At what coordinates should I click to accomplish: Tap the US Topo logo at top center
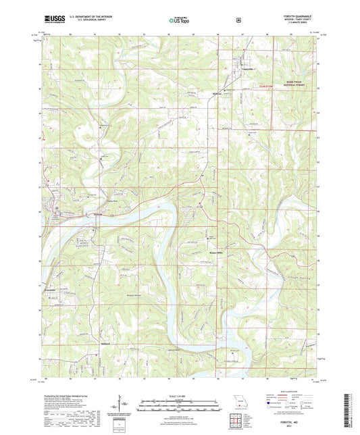pyautogui.click(x=179, y=21)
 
